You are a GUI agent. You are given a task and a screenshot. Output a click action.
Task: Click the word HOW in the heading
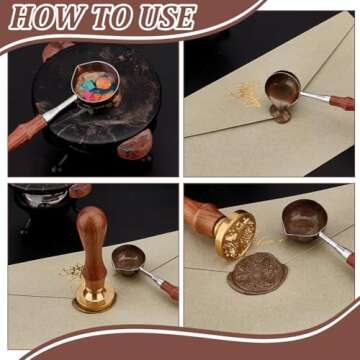tap(45, 16)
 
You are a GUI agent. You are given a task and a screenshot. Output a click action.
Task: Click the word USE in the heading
tap(167, 16)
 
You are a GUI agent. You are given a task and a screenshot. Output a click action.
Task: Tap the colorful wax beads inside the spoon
tap(97, 85)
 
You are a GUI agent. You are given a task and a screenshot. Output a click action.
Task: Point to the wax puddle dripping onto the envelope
tap(280, 114)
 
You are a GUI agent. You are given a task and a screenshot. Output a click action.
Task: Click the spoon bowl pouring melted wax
tap(282, 88)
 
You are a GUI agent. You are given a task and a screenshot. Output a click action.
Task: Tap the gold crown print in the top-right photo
tap(247, 95)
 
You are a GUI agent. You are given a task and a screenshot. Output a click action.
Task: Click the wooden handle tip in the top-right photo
tap(342, 102)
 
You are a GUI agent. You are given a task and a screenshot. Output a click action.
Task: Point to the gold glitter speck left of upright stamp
tap(71, 271)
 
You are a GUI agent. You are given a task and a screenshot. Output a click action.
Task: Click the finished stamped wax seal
tap(257, 273)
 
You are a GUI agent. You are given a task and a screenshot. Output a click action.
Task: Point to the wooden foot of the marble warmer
tap(135, 144)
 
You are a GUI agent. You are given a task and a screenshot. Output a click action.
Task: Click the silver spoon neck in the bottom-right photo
tap(333, 246)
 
